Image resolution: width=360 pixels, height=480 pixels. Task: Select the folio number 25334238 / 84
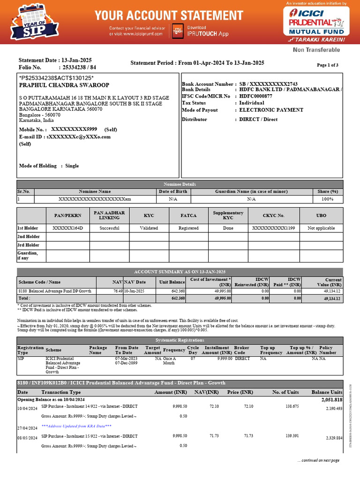[x=73, y=67]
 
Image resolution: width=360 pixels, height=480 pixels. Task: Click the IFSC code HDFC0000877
[x=255, y=96]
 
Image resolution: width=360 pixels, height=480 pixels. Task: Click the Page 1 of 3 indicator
[x=328, y=65]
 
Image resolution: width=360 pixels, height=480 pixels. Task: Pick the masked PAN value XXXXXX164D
[x=67, y=228]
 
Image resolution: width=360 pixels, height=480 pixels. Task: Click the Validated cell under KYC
[x=149, y=228]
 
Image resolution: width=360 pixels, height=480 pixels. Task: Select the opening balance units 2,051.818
[x=331, y=400]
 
